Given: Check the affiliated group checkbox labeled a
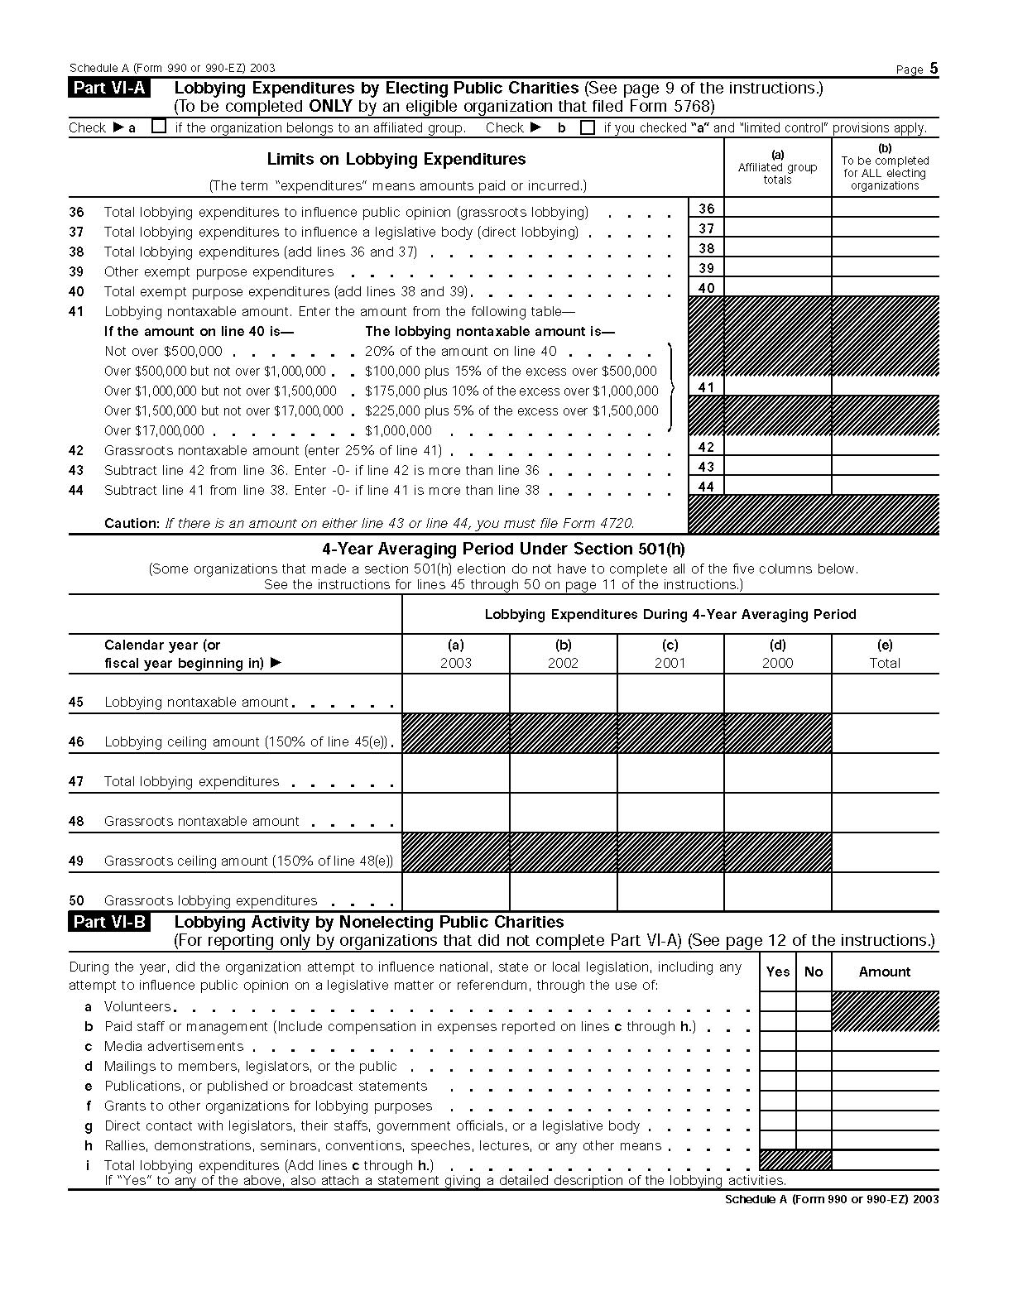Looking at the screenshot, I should tap(160, 127).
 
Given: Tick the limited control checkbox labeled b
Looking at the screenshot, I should tap(588, 127).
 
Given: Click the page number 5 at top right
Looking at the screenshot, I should tap(934, 69).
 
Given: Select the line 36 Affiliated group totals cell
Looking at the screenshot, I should tap(777, 208).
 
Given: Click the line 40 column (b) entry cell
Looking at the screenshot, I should tap(885, 287).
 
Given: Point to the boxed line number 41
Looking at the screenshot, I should tap(706, 386).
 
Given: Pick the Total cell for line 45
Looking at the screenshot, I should tap(885, 693).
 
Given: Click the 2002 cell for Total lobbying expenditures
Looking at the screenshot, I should tap(563, 773).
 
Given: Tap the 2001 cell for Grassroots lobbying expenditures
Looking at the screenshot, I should tap(670, 892).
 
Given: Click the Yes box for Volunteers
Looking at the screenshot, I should tap(778, 1001).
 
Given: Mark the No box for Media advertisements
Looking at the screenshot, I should tap(814, 1041).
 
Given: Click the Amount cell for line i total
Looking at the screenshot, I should tap(885, 1159).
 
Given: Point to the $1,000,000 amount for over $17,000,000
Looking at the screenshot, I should tap(398, 430).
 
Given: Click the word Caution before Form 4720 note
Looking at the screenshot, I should tap(131, 523).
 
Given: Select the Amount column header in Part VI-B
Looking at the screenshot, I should tap(885, 972).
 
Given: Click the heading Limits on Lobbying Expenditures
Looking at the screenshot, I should tap(396, 159).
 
